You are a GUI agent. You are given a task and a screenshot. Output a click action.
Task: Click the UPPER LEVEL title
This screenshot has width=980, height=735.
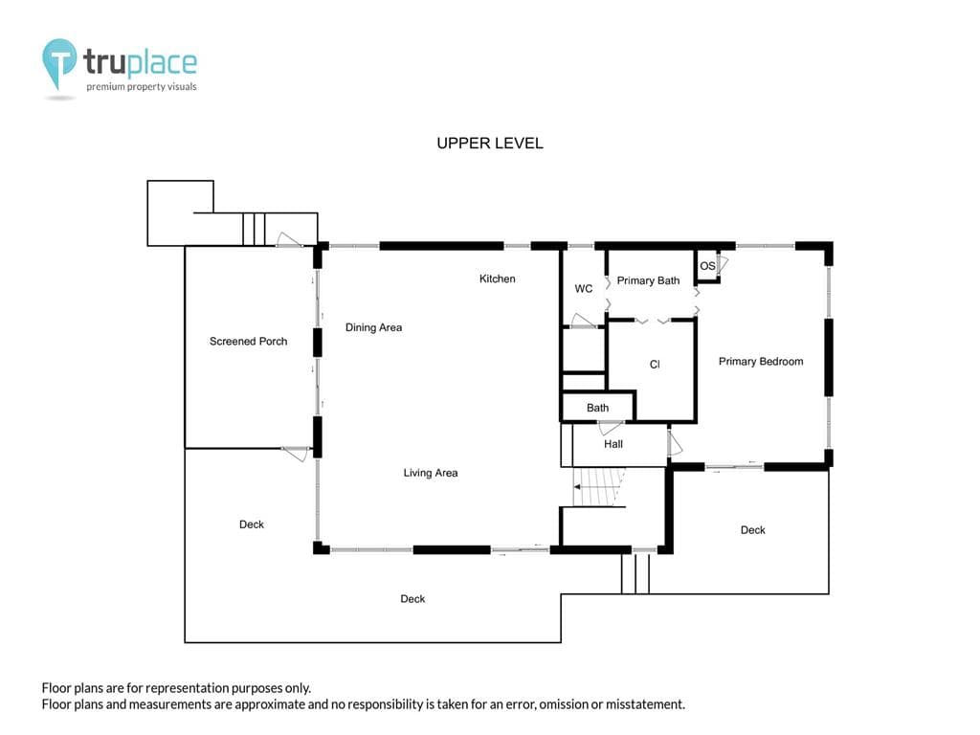490,144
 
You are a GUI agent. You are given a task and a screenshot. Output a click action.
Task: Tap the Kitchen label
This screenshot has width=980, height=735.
498,278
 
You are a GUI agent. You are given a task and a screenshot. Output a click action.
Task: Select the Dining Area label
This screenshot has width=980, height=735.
374,327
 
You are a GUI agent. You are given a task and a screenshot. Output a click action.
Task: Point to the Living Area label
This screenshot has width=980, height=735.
431,473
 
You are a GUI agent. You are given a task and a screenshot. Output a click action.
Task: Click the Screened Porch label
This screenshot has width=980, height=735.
248,342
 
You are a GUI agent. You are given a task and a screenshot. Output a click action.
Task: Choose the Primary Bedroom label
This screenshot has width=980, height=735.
761,361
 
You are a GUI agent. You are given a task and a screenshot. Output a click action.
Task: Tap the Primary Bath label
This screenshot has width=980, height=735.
648,280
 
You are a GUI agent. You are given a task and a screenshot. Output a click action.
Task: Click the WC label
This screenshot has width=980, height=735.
584,289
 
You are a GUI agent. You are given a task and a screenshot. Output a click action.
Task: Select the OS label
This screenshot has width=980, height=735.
707,266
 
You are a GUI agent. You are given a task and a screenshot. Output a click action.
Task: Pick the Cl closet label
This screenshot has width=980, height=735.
655,365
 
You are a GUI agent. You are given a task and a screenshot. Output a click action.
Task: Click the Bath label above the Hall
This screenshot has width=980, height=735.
597,408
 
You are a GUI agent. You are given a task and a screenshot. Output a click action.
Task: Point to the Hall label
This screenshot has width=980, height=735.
613,444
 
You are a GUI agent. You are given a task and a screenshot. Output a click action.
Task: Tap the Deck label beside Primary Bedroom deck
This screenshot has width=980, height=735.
752,530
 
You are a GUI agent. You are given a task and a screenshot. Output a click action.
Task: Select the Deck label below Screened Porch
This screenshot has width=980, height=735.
252,524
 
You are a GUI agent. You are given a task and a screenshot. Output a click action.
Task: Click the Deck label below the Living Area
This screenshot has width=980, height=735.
412,599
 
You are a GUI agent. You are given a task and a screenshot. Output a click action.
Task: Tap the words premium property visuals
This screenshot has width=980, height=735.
142,87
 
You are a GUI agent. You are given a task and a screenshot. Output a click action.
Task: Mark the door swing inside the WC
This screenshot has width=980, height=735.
583,321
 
